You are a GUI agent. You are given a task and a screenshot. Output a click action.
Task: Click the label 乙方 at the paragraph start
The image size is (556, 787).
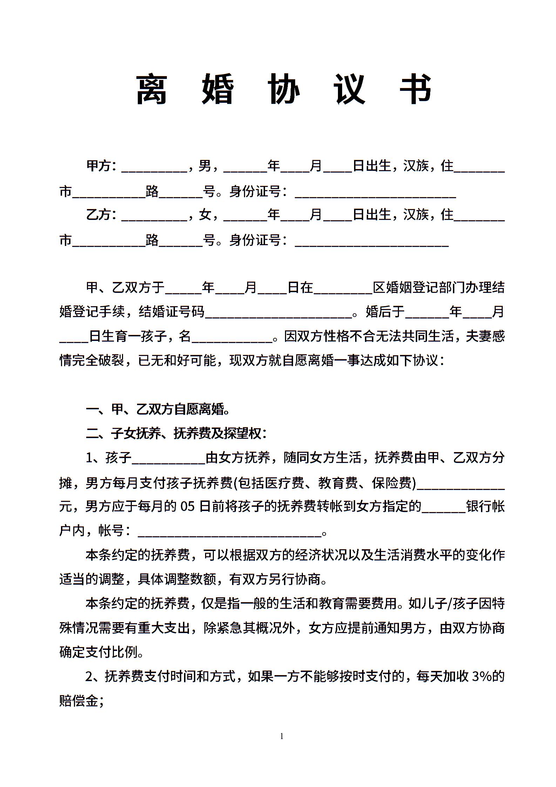[x=99, y=214]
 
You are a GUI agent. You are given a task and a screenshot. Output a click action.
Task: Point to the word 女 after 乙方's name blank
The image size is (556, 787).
[x=205, y=214]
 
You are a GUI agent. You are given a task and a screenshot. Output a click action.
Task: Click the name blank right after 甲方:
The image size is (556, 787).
[x=154, y=168]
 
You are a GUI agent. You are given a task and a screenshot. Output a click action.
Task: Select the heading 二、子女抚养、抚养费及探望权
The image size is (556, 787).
[x=176, y=434]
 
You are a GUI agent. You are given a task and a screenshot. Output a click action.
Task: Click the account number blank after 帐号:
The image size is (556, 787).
[x=230, y=533]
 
